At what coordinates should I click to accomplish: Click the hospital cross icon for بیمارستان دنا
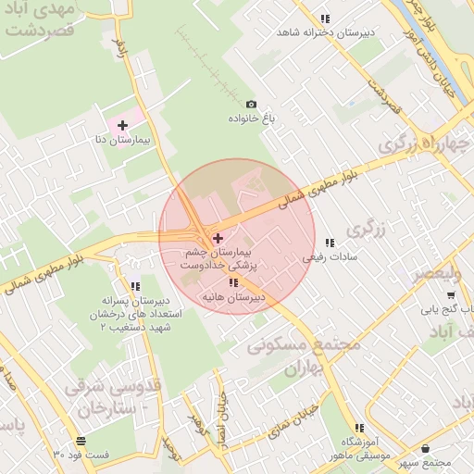[x=121, y=124]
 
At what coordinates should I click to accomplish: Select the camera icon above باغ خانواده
[x=250, y=105]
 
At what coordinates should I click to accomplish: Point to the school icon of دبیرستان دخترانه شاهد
[x=324, y=19]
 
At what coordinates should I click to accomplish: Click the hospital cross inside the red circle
[x=218, y=238]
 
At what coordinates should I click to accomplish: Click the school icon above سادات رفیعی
[x=331, y=243]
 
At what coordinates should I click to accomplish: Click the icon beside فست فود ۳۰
[x=82, y=441]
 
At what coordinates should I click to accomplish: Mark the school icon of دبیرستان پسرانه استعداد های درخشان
[x=135, y=287]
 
